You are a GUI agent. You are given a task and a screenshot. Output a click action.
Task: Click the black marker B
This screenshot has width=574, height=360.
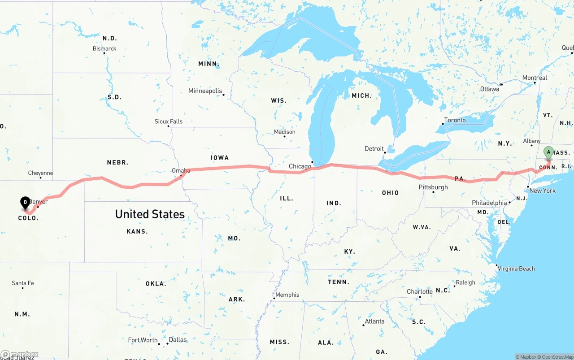[26, 203]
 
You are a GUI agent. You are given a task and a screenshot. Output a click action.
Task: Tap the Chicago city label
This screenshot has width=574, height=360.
[300, 166]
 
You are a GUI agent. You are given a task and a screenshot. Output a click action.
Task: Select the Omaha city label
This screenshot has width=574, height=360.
[181, 170]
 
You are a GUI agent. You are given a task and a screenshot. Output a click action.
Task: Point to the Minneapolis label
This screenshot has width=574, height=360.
[205, 91]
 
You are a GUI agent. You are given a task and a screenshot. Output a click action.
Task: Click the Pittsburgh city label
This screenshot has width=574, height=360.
[433, 187]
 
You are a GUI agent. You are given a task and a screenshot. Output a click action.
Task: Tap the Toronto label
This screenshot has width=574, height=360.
[455, 120]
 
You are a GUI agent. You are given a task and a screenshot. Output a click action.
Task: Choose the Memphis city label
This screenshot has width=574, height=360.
[287, 295]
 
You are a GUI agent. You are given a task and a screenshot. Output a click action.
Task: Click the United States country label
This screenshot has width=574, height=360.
[150, 214]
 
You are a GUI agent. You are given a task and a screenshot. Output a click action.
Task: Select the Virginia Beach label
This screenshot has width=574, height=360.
[517, 269]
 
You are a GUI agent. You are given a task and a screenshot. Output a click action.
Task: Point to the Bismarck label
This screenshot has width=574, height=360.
[104, 48]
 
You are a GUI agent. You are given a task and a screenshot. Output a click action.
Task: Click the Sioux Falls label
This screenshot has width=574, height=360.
[169, 121]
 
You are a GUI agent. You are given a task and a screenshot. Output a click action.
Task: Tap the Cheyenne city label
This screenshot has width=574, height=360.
[40, 173]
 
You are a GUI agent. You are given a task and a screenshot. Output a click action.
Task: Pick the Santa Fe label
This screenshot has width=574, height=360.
[23, 283]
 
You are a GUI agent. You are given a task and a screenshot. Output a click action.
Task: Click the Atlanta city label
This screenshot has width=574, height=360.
[374, 321]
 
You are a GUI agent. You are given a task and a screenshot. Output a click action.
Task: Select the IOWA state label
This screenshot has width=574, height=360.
[220, 158]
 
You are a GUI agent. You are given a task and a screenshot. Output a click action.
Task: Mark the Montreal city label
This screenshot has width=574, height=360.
[535, 78]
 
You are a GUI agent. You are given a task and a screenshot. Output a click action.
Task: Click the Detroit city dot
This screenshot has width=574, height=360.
[385, 153]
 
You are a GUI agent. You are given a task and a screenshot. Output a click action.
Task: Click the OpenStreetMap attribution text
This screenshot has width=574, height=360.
[556, 357]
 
